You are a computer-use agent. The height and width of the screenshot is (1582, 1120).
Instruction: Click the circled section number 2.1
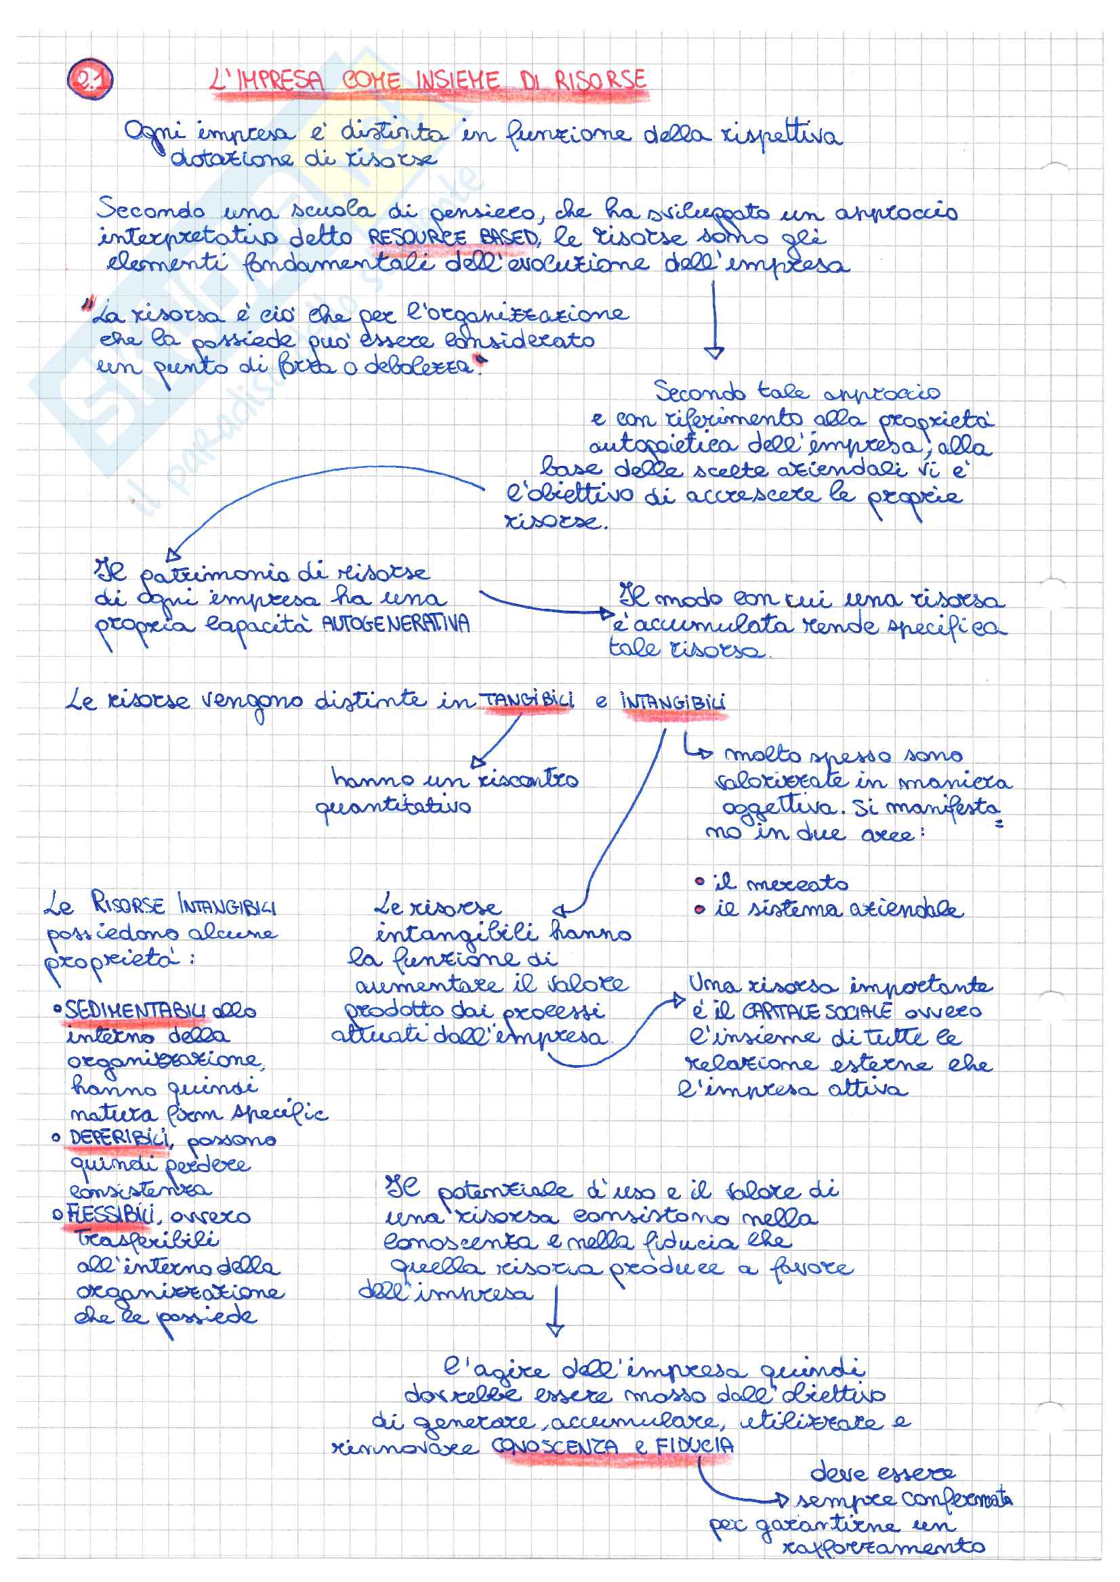coord(89,81)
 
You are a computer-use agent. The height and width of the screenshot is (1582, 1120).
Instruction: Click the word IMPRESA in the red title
coord(278,81)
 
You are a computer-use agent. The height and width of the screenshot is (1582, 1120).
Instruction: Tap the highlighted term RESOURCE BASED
coord(453,238)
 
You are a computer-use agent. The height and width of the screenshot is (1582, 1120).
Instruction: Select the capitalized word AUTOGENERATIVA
coord(396,624)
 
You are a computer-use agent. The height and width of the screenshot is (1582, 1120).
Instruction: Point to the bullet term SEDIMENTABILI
coord(136,1010)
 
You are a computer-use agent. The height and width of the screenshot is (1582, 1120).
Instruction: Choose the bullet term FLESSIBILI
coord(111,1215)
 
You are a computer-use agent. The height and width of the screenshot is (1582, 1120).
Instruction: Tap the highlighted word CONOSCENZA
coord(556,1446)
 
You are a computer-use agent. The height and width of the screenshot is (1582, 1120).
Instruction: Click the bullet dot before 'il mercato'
coord(700,882)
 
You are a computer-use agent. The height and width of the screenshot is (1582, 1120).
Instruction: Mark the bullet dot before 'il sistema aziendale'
coord(700,910)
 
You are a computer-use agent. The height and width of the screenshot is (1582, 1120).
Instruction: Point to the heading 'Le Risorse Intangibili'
coord(160,904)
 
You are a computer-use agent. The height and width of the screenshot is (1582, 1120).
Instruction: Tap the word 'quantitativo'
coord(393,806)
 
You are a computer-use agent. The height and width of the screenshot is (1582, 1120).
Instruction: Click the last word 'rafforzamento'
coord(884,1546)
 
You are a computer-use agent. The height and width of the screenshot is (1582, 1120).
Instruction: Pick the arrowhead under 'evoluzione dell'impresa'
coord(714,352)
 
